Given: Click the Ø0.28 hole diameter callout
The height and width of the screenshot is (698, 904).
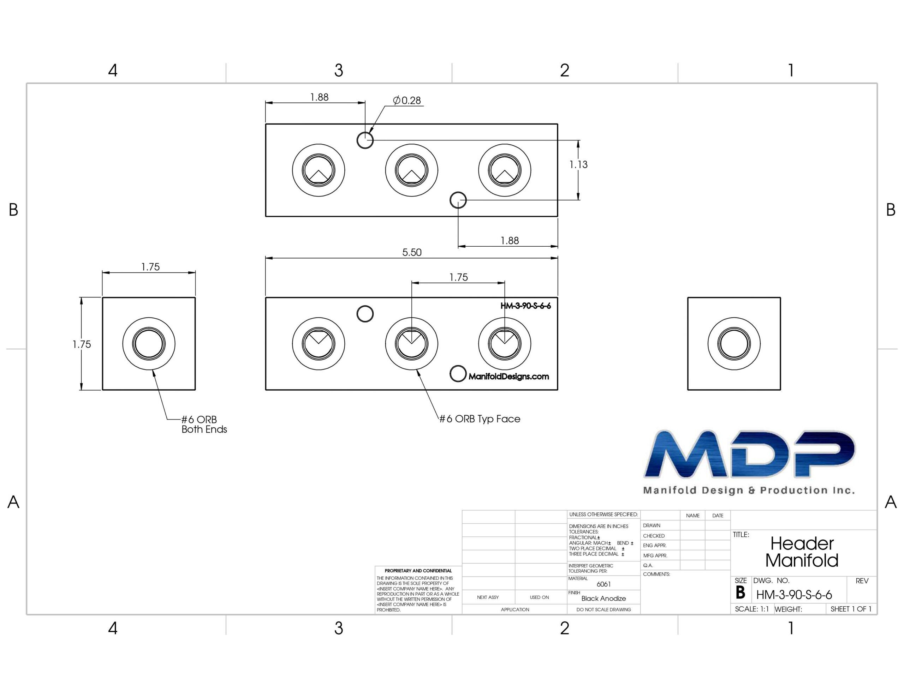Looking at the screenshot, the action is [x=406, y=101].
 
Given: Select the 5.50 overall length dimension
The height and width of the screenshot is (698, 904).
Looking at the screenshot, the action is [x=412, y=252].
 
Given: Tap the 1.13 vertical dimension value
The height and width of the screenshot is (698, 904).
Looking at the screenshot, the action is [x=578, y=165].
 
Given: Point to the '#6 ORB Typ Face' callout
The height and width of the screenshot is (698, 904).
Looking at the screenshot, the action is [x=480, y=419].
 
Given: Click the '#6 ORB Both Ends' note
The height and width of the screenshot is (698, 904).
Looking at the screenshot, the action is [x=204, y=425].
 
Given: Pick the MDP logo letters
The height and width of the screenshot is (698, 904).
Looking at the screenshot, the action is [x=749, y=454].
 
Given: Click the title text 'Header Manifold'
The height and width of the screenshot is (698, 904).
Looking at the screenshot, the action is [x=802, y=552].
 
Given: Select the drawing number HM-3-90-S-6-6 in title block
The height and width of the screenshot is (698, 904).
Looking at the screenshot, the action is [x=794, y=595].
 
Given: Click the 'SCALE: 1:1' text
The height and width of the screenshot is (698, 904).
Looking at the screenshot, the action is [x=752, y=609].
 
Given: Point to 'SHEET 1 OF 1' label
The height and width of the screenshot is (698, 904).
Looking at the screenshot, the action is [x=851, y=609].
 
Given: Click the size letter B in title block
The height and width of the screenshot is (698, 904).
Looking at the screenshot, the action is [x=741, y=593].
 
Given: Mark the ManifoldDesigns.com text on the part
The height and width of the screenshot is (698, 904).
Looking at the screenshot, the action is [x=509, y=377].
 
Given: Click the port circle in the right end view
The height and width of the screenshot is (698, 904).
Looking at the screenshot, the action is [x=734, y=343].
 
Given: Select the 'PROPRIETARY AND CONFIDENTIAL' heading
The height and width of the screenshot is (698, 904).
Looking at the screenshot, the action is [x=418, y=571].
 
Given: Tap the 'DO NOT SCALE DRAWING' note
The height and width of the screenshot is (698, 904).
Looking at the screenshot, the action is [x=603, y=609].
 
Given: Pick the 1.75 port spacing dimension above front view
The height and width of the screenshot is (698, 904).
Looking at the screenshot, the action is [x=459, y=277].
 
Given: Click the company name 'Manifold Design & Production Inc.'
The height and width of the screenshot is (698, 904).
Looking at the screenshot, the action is [x=749, y=490].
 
